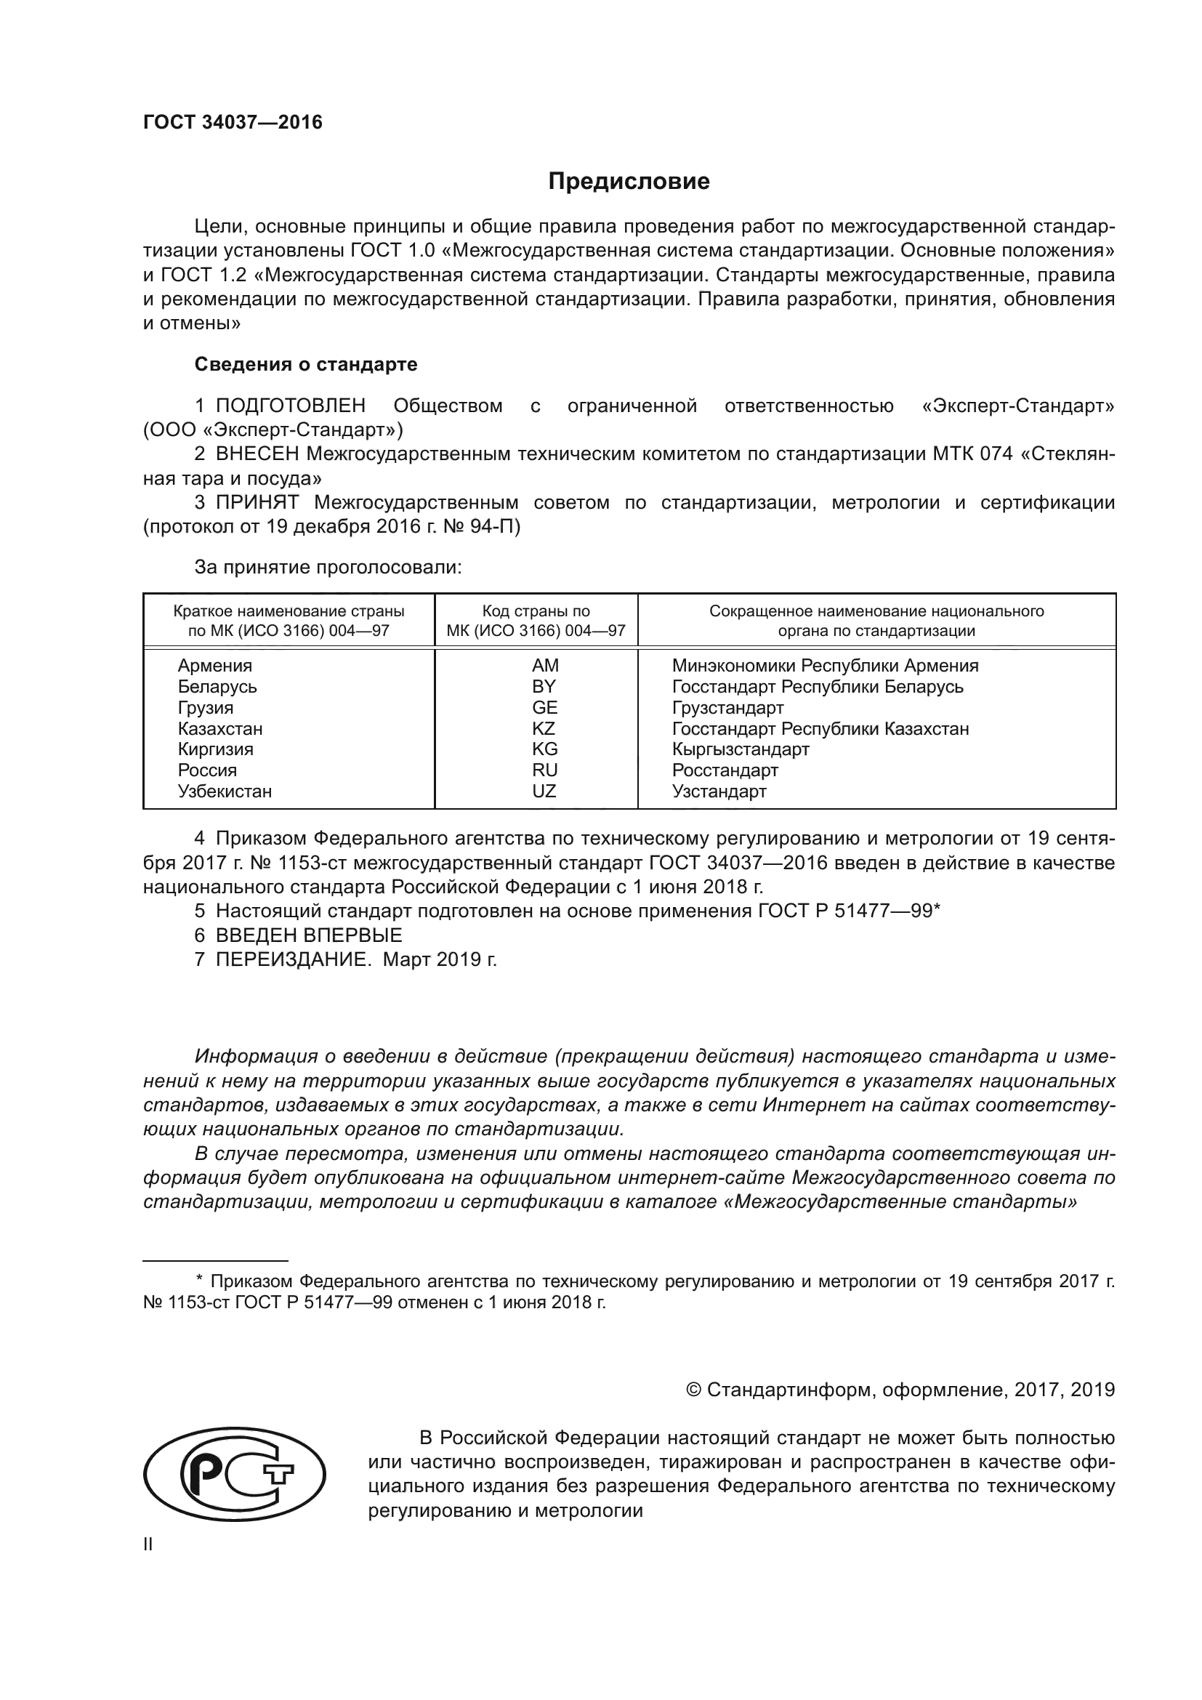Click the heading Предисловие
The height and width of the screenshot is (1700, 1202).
tap(629, 182)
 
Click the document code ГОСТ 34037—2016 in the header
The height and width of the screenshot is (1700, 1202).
tap(233, 122)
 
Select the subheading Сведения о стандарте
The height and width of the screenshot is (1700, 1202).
tap(306, 364)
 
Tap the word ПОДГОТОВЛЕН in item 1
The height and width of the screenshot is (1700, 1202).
tap(290, 406)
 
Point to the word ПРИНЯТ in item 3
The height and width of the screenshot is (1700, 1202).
tap(257, 502)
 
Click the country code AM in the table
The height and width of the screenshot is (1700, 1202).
tap(545, 666)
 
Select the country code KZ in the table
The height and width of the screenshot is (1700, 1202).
tap(544, 728)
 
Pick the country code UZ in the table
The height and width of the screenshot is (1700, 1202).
tap(544, 791)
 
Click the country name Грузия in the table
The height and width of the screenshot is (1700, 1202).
tap(205, 708)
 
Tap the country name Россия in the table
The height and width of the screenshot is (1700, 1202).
tap(207, 770)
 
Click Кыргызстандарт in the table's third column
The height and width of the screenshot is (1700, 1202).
tap(740, 749)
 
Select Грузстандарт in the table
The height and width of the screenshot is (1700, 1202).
tap(727, 708)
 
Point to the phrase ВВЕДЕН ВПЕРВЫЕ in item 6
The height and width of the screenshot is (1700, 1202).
tap(309, 935)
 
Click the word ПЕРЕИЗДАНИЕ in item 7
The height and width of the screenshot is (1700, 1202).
tap(293, 959)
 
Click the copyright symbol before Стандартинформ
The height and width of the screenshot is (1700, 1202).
tap(693, 1390)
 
